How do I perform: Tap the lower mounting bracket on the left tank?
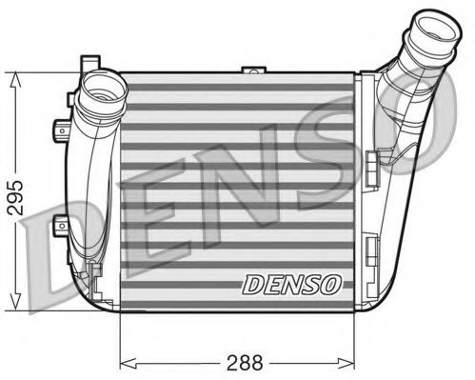tap(60, 227)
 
